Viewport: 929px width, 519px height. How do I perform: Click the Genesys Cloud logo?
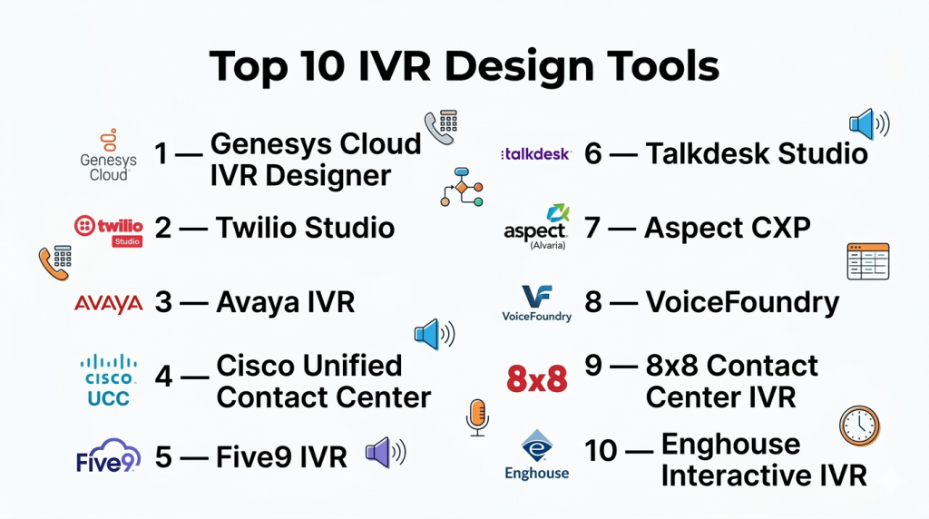pos(109,155)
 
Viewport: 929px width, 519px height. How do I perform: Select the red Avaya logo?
pos(109,304)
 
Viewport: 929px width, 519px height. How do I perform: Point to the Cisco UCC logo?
pos(109,380)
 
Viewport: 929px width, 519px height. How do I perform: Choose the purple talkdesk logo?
pos(536,154)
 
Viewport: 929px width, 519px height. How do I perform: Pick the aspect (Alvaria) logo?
pos(536,227)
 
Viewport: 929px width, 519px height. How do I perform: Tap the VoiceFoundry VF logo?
pos(537,303)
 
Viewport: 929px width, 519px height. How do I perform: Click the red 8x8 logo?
pos(537,379)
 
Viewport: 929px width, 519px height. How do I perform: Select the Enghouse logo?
pos(537,455)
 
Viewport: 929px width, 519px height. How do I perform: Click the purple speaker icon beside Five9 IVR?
pos(386,453)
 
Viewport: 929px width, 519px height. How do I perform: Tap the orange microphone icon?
pos(477,417)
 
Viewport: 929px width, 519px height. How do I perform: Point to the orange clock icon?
pos(860,426)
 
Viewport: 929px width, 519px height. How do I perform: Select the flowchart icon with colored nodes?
pos(462,187)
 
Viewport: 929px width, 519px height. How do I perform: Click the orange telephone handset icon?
pos(55,262)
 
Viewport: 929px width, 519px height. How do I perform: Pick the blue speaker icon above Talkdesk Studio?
pos(869,123)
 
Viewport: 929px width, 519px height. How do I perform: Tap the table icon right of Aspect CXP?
pos(868,261)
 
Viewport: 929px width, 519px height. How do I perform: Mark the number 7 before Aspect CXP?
pos(592,228)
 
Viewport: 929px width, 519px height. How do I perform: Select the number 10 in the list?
pos(601,451)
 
